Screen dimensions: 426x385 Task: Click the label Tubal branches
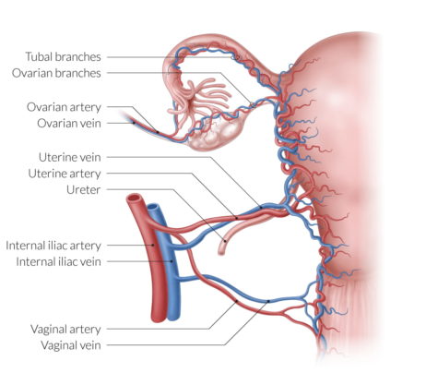63,57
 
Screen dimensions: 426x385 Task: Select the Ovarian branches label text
56,73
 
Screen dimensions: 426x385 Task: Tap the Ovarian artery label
64,107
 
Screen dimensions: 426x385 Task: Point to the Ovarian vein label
69,123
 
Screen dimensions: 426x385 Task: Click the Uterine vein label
70,157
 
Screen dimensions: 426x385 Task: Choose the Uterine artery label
65,174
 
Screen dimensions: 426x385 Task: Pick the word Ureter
84,189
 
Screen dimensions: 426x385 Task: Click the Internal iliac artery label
53,246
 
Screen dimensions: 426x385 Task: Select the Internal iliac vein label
59,261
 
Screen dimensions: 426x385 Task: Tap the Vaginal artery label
65,329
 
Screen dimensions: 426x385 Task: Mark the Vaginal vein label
71,345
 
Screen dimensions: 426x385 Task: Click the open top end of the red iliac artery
135,199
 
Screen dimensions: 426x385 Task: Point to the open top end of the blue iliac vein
153,208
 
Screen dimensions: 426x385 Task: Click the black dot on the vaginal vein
268,301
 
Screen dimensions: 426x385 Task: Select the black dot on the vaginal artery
236,301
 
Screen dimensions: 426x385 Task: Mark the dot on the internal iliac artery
153,245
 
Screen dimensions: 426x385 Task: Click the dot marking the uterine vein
261,208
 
